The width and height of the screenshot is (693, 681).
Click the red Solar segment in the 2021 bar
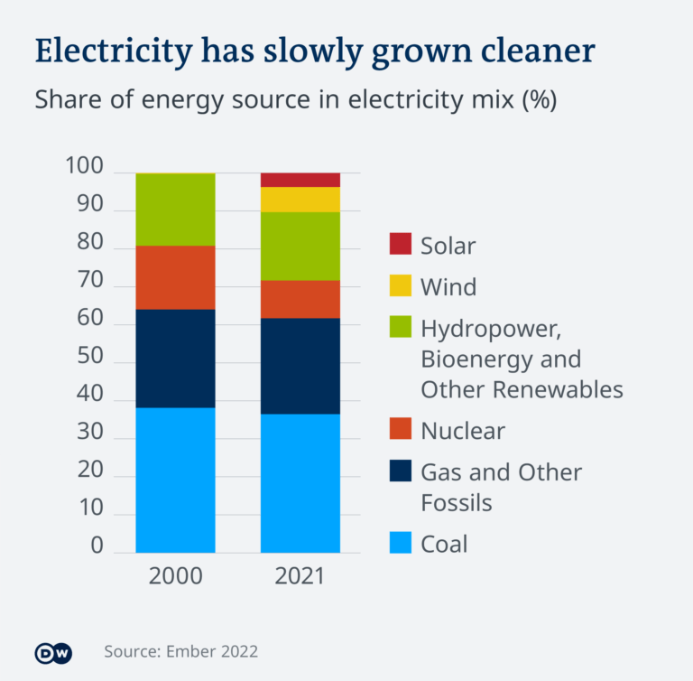click(300, 180)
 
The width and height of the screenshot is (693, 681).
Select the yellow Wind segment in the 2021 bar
click(300, 200)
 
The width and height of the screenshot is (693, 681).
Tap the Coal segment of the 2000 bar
click(175, 480)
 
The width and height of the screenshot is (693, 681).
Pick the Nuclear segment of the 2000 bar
click(175, 277)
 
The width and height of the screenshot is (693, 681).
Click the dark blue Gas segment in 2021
click(300, 366)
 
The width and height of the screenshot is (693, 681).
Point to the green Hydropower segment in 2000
click(175, 210)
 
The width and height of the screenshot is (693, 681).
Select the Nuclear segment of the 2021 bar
click(300, 299)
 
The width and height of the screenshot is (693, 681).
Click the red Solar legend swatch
click(401, 244)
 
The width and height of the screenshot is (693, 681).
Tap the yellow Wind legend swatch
click(401, 286)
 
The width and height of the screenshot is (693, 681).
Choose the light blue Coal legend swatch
click(401, 544)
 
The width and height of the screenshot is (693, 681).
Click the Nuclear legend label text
click(463, 431)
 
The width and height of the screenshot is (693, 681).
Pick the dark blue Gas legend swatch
click(401, 471)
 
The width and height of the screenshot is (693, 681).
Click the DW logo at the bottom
click(52, 652)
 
